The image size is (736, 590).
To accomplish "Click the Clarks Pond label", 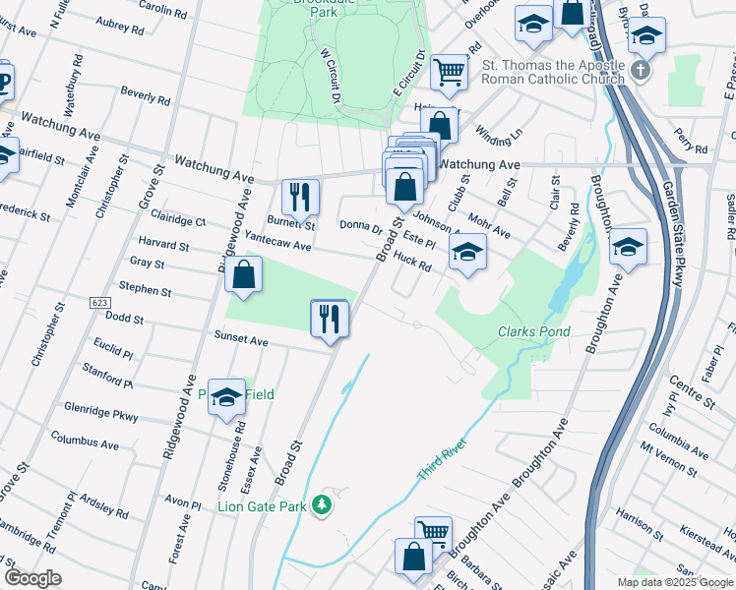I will click(533, 332).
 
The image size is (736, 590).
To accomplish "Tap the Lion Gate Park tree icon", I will click(321, 506).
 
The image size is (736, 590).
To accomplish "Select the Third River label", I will click(440, 459).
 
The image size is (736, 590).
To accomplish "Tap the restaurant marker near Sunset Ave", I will click(329, 319).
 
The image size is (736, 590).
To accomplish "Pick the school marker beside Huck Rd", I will click(468, 251).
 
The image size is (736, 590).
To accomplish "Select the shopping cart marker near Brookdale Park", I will click(449, 71).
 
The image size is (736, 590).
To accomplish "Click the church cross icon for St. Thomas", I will click(641, 71).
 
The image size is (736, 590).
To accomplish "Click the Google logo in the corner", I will click(32, 577).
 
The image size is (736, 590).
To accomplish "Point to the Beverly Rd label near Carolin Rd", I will click(146, 95).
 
